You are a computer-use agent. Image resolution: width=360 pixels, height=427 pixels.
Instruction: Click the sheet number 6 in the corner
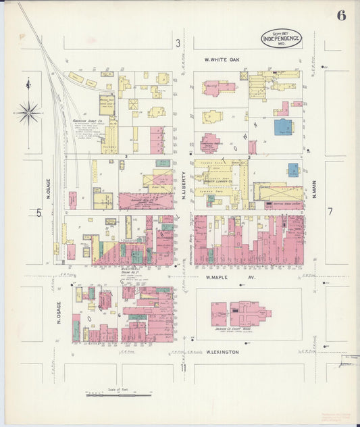coord(341,16)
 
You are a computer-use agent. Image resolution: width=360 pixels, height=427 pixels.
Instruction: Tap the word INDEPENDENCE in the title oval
coord(281,39)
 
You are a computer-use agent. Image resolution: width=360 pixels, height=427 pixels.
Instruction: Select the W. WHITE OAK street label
coord(222,59)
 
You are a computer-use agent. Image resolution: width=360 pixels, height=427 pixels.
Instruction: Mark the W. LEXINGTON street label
coord(223,352)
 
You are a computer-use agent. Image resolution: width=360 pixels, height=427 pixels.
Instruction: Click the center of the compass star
coord(28,113)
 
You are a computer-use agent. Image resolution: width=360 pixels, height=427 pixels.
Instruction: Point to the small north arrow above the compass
coord(28,84)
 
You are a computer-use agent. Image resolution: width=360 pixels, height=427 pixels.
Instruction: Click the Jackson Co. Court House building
coord(241,314)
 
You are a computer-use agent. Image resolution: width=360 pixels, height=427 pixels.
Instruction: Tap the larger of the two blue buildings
coord(284,126)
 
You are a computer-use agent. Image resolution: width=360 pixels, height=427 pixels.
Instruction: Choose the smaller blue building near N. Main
coord(293,170)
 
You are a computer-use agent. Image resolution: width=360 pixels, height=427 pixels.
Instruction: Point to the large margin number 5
coord(38,213)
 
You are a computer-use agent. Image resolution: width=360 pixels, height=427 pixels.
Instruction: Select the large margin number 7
coord(330,211)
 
